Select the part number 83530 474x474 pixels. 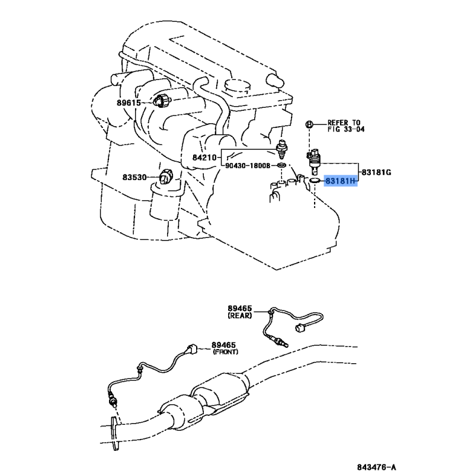134,177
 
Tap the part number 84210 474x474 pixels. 205,158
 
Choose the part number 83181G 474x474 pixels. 376,172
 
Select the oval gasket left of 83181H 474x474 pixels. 315,180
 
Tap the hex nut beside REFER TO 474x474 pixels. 309,124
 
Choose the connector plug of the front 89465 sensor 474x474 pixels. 190,350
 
